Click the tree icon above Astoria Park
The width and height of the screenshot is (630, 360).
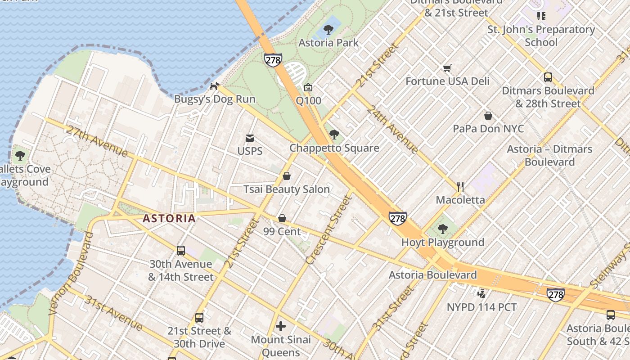328,30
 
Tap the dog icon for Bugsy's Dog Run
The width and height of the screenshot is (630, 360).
215,85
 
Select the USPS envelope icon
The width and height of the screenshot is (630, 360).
250,138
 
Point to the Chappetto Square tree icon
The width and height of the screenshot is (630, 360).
334,135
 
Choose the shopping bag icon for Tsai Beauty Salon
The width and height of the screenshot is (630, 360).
287,176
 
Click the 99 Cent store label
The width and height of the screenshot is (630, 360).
282,232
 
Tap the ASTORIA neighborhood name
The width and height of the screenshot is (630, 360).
169,219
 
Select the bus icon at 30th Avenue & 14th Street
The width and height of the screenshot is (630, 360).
180,251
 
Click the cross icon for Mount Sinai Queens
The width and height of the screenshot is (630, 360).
281,326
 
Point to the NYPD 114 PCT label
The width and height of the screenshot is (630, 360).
481,307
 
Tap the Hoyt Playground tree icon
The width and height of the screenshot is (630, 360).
443,229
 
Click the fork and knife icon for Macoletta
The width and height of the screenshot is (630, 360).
460,187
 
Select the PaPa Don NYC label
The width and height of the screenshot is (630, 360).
488,129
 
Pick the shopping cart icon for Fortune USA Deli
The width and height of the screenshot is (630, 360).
447,68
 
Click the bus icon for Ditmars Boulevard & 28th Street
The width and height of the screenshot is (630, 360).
548,77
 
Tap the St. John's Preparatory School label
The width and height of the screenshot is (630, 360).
541,36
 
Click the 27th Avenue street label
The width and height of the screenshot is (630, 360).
96,141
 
